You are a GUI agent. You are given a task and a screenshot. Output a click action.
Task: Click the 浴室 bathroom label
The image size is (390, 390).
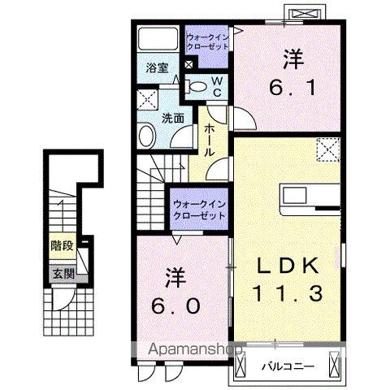(x=157, y=67)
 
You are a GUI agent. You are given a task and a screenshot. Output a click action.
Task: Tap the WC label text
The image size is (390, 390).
(x=217, y=86)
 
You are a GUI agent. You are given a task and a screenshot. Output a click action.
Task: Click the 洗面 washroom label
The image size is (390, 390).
(x=173, y=119)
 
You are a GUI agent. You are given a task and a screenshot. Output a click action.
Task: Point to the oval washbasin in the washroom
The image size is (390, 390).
(x=147, y=136)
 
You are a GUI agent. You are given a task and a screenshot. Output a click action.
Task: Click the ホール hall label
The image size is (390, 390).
(x=209, y=141)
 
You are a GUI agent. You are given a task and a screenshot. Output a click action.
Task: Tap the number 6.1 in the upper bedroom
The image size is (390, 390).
(x=292, y=88)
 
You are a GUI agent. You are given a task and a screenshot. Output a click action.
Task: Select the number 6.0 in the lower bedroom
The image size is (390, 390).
(x=176, y=306)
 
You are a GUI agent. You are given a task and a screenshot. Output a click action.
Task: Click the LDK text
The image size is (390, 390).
(x=288, y=266)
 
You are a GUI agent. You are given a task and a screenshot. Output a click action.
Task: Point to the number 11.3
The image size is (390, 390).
(x=288, y=293)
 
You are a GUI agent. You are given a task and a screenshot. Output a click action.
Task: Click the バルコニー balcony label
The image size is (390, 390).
(x=288, y=366)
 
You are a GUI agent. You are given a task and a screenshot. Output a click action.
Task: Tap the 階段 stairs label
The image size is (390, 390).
(x=63, y=245)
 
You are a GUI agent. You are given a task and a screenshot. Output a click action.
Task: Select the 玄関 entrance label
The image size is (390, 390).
(x=63, y=274)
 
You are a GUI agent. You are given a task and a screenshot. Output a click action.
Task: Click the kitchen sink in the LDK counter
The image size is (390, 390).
(x=295, y=195)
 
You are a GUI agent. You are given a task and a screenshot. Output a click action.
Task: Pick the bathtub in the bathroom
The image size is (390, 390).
(x=158, y=39)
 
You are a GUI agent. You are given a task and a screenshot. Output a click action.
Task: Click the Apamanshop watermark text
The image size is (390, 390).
(x=195, y=349)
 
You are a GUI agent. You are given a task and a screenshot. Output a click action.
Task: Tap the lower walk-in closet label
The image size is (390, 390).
(x=200, y=210)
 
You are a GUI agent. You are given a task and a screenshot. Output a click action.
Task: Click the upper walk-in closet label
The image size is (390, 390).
(x=208, y=41)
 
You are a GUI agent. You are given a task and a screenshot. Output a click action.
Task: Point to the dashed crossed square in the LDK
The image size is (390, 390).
(x=328, y=149)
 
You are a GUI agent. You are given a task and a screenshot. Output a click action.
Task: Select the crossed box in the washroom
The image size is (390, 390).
(x=147, y=99)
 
